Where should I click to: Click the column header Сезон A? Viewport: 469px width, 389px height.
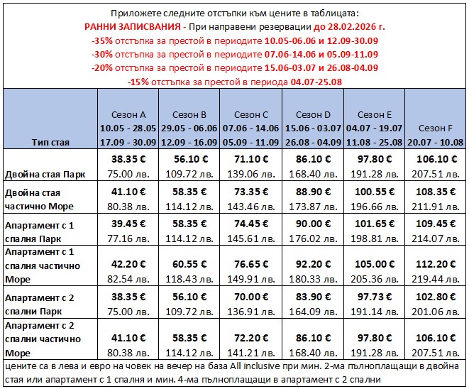[129, 114]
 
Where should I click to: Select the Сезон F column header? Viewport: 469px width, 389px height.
[435, 128]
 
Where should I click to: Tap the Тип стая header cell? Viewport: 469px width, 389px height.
[50, 142]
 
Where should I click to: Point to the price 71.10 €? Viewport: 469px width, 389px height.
[252, 159]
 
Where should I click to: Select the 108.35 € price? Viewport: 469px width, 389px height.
[435, 192]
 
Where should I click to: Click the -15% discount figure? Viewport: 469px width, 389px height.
[139, 82]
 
